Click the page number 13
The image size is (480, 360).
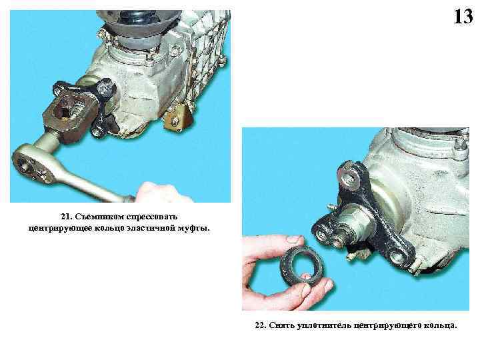(x=463, y=17)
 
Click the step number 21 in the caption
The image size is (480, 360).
(x=65, y=217)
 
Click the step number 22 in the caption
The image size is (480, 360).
(x=260, y=325)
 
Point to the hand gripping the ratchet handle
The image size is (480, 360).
(x=163, y=193)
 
